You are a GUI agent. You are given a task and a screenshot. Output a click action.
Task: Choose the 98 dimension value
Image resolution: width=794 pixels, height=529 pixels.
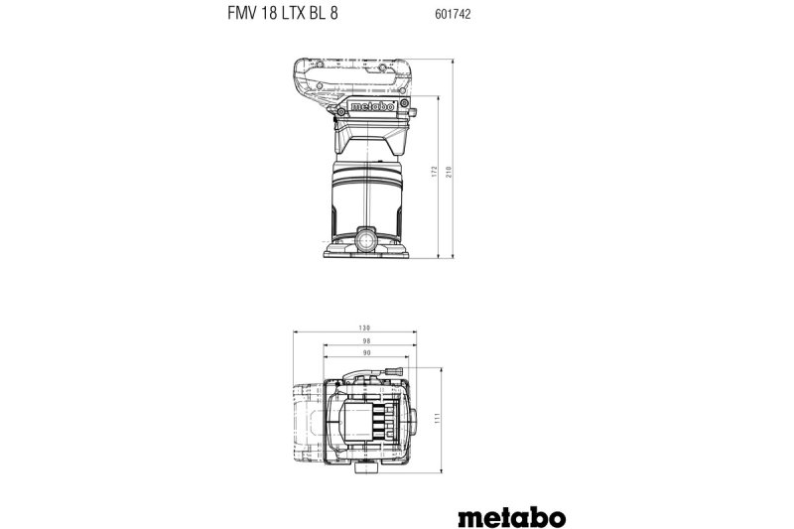pos(367,340)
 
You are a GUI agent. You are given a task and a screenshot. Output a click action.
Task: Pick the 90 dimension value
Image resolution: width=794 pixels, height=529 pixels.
pos(367,352)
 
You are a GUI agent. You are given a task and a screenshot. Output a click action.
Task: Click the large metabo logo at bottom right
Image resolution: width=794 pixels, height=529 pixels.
pos(513,490)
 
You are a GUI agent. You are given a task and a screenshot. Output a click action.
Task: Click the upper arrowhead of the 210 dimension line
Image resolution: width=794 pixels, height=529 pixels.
pos(452,60)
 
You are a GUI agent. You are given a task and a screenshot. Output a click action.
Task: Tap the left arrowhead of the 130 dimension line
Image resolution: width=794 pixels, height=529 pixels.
pos(296,333)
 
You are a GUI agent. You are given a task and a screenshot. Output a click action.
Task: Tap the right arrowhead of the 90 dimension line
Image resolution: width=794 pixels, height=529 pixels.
pos(407,357)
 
